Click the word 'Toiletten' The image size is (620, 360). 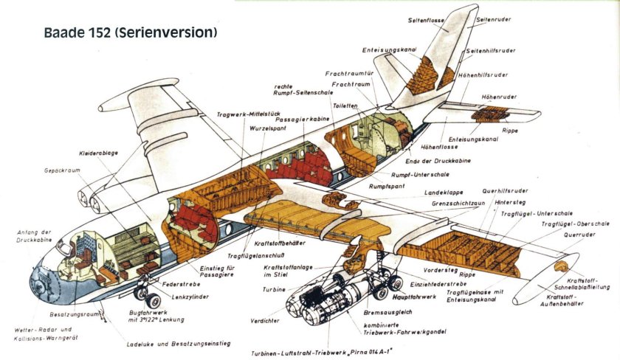345,106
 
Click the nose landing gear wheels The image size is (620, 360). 151,299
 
